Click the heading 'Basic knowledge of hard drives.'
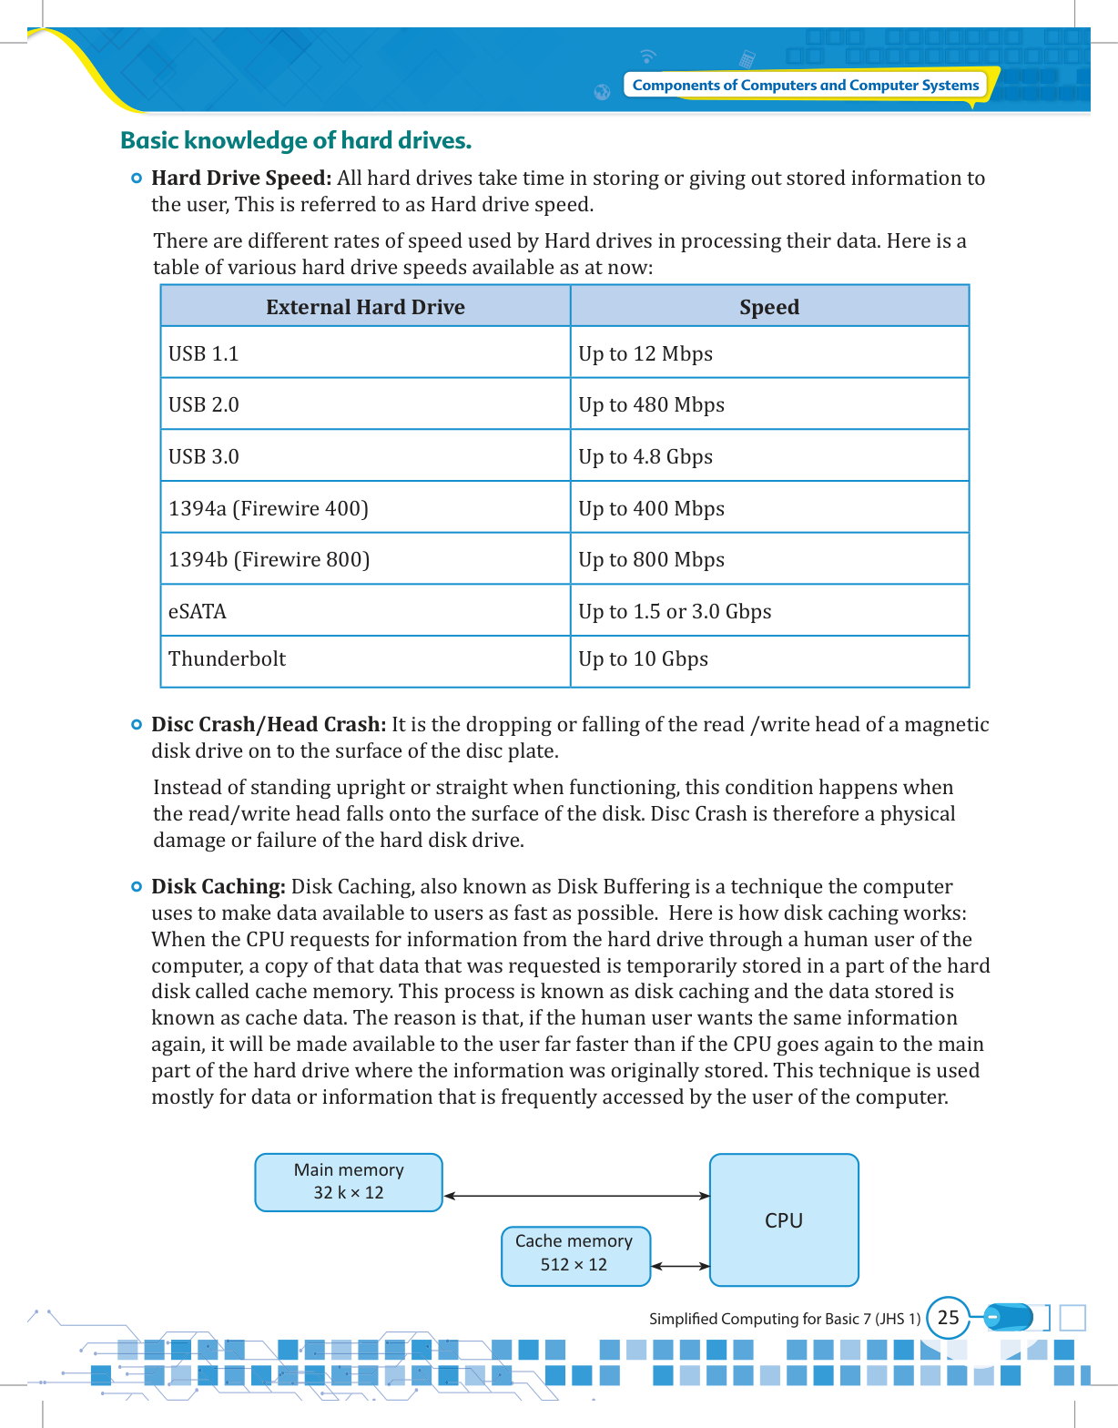(x=296, y=140)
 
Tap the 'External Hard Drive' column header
(x=365, y=307)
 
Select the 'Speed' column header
(x=769, y=307)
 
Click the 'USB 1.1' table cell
(x=204, y=353)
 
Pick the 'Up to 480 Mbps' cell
(x=652, y=404)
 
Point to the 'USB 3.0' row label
(x=204, y=456)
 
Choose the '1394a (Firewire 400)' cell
(x=269, y=508)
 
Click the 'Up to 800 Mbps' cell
(x=652, y=559)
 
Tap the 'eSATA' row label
(x=198, y=611)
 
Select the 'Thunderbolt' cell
(x=228, y=658)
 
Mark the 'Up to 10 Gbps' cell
(x=644, y=658)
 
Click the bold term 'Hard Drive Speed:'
(x=241, y=178)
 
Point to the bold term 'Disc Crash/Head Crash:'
(x=269, y=724)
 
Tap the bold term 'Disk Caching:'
(x=219, y=886)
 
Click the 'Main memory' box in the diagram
(x=349, y=1182)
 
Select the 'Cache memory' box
(x=575, y=1256)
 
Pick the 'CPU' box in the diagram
(x=784, y=1220)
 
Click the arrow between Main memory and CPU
(x=576, y=1196)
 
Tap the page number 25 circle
(x=948, y=1318)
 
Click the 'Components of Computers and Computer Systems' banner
(x=805, y=85)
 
